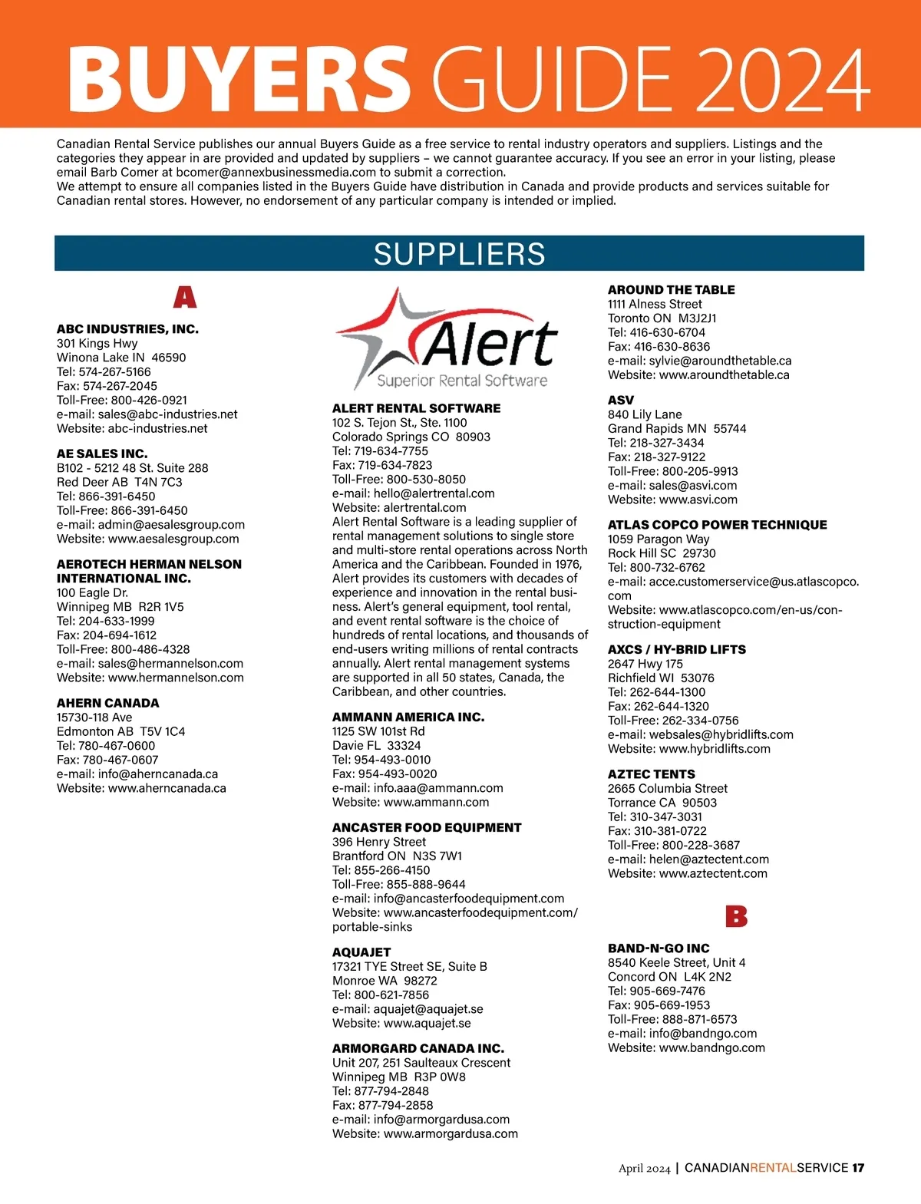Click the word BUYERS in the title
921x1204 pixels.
point(238,78)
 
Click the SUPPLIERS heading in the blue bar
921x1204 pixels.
point(459,254)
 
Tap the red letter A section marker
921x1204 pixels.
point(184,297)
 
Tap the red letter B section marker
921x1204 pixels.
point(736,916)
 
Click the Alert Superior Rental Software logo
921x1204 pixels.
point(447,339)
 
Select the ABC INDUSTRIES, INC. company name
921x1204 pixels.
point(127,329)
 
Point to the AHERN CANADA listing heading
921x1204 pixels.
point(108,703)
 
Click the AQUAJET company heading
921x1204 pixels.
point(361,952)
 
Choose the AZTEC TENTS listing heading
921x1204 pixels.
point(652,774)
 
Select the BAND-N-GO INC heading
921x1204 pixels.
point(659,948)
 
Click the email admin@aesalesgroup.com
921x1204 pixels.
point(171,525)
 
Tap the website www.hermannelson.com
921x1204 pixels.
point(176,678)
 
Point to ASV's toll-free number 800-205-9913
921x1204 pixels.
point(700,471)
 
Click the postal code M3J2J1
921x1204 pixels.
point(698,318)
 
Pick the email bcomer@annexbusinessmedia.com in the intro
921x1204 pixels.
point(276,173)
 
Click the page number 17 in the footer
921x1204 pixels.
point(858,1168)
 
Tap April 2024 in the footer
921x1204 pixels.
point(644,1169)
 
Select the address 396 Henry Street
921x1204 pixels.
point(379,842)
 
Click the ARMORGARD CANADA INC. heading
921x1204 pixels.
point(418,1048)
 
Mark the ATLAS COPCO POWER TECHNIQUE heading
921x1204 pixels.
point(718,525)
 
